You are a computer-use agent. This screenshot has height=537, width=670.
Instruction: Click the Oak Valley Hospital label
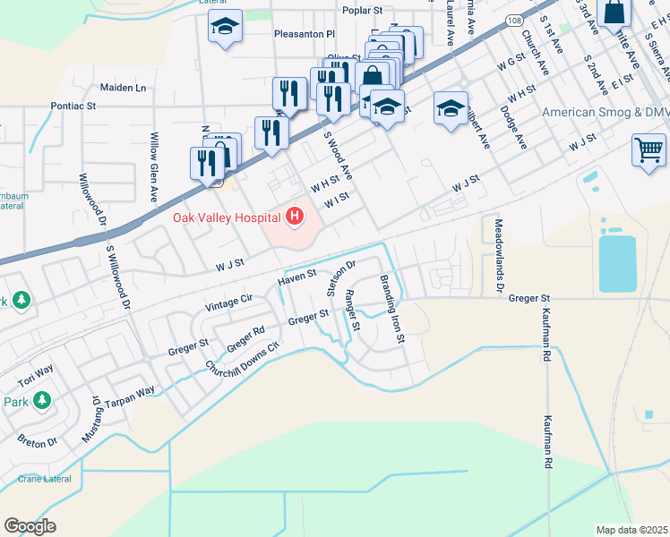point(223,217)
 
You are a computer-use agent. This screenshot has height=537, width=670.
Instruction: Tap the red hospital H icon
point(293,217)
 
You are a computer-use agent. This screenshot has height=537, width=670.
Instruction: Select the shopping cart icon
point(649,149)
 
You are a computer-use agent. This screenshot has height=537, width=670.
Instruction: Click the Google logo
point(30,526)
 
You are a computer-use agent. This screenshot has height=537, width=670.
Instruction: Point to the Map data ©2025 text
point(632,529)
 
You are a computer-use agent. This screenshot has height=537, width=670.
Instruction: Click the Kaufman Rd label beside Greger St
point(545,336)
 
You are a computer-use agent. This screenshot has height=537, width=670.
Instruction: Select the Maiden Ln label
point(123,88)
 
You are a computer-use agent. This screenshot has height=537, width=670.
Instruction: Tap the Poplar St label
point(362,11)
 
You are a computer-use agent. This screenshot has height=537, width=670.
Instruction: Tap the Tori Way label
point(37,370)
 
